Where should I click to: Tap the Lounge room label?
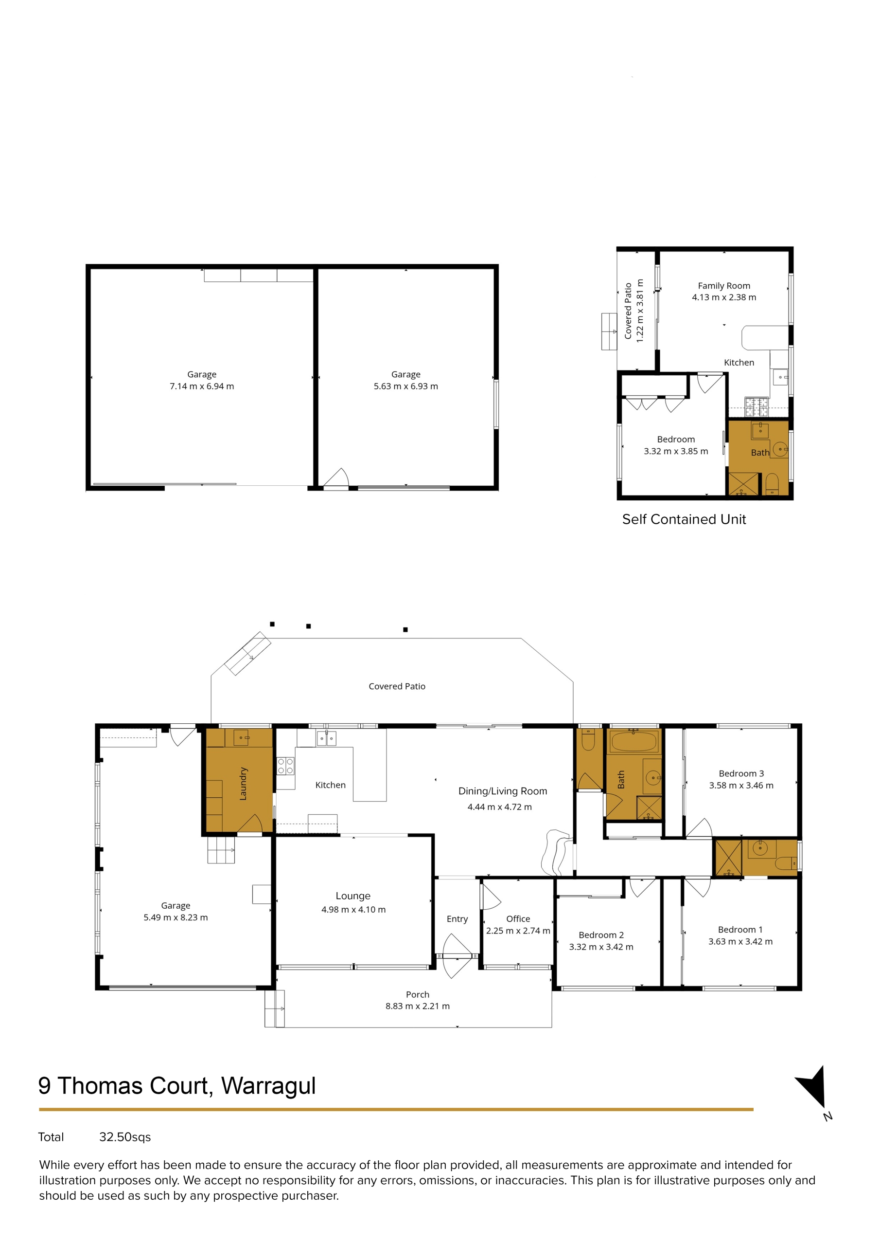[353, 896]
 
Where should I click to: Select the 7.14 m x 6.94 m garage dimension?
[202, 386]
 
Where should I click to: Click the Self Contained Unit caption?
[684, 519]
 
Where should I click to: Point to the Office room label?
[518, 919]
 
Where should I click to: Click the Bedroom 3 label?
[741, 773]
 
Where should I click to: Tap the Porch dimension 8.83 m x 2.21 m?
[418, 1006]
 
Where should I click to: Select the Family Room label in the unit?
[724, 285]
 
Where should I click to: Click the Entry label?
[457, 919]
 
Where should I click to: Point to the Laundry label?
[243, 784]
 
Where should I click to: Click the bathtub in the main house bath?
[634, 741]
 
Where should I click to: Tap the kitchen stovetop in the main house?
[286, 766]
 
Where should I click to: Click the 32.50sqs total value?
[125, 1137]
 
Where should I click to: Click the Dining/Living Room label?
[503, 791]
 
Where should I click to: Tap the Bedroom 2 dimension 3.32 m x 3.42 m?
[601, 947]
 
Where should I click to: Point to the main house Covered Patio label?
[397, 686]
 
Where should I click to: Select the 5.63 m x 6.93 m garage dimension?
[405, 386]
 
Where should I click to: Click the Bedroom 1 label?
[740, 930]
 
